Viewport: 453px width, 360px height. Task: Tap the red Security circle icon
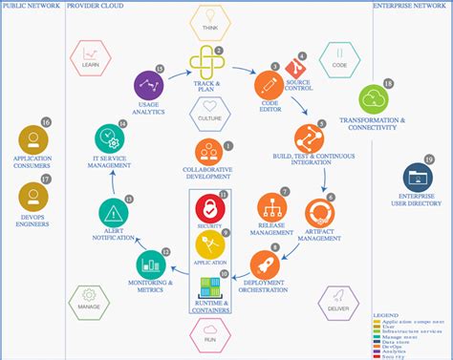pos(209,207)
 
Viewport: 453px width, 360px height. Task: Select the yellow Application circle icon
pos(209,245)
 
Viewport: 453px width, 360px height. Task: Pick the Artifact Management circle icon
pos(318,213)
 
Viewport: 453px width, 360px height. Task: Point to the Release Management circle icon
pos(270,207)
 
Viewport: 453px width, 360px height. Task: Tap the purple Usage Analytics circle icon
pos(148,85)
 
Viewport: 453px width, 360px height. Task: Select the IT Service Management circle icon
pos(110,140)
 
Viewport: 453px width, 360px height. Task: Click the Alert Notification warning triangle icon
pos(115,213)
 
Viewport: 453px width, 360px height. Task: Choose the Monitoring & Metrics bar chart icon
pos(150,263)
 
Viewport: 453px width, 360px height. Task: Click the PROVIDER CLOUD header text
pos(95,5)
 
